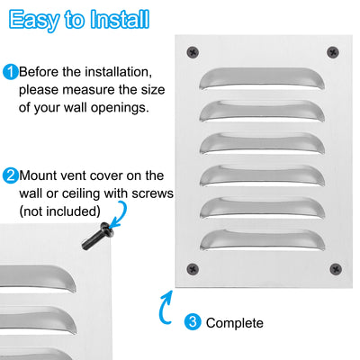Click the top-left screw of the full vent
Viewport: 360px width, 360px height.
tap(193, 52)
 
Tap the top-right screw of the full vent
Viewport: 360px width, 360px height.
tap(333, 52)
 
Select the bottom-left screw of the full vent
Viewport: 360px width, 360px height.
tap(193, 269)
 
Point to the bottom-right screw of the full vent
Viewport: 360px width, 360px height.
tap(336, 269)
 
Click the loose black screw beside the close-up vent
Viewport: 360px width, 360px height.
tap(98, 236)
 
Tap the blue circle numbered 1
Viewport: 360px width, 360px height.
tap(10, 72)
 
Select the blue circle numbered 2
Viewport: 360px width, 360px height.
tap(10, 175)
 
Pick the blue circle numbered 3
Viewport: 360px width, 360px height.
tap(193, 322)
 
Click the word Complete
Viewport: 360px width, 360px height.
tap(235, 323)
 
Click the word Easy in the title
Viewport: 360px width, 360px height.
tap(34, 20)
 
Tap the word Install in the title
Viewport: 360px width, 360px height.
tap(120, 19)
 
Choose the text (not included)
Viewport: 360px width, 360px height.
tap(59, 211)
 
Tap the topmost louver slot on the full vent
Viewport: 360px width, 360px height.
tap(262, 78)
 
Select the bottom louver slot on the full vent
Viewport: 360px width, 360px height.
tap(263, 240)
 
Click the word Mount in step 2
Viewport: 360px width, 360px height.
tap(38, 175)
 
